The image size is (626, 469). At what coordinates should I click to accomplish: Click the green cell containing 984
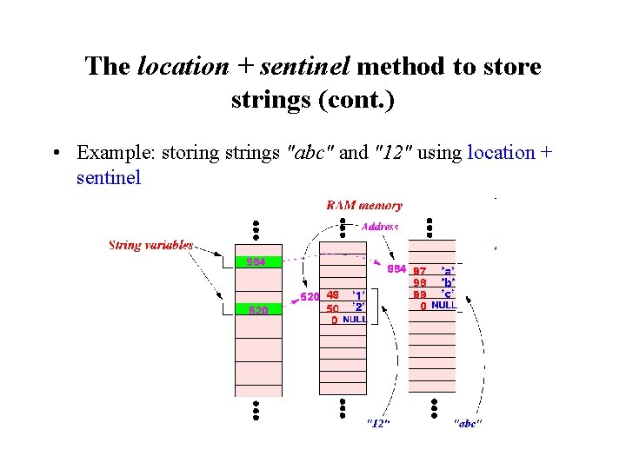tap(258, 261)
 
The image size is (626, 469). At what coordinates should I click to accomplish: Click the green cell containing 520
tap(258, 309)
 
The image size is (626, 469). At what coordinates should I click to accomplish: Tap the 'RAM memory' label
tap(364, 206)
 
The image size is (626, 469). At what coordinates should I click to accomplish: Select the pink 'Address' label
tap(380, 227)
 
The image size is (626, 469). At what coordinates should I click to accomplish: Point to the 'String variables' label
tap(150, 245)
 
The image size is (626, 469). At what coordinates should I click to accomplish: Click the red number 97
tap(419, 270)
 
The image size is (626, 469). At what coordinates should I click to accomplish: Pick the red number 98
tap(419, 282)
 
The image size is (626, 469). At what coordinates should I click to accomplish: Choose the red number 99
tap(419, 294)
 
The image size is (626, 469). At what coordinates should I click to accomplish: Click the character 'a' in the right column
tap(447, 270)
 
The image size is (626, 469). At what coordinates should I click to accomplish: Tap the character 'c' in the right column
tap(447, 294)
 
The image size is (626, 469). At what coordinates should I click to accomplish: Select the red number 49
tap(332, 295)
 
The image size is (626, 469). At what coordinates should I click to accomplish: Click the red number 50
tap(332, 307)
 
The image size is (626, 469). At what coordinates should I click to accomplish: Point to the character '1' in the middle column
tap(357, 295)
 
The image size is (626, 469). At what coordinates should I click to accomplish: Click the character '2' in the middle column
tap(357, 307)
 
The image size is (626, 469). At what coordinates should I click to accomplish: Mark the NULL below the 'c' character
tap(443, 306)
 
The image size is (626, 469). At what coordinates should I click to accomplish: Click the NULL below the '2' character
tap(355, 320)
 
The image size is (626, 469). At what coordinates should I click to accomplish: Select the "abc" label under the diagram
tap(468, 423)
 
